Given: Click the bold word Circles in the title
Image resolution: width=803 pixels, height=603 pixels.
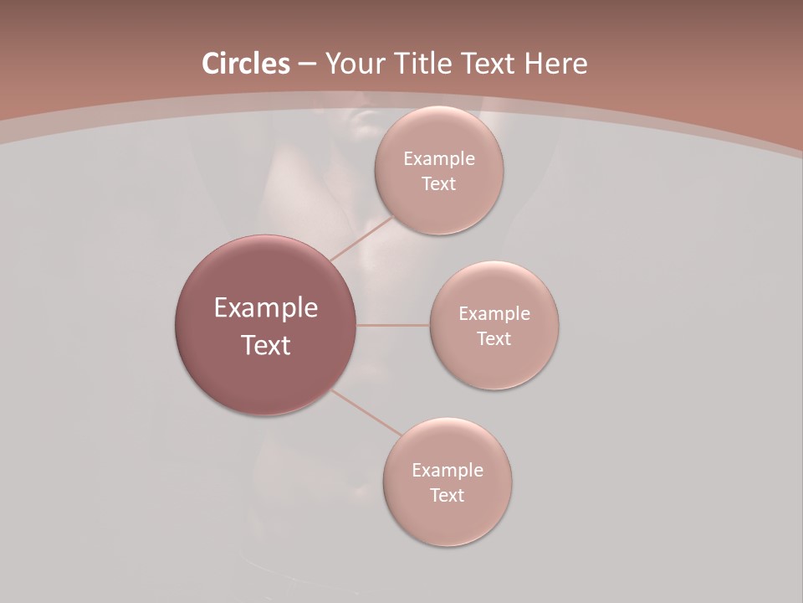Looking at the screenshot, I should point(245,64).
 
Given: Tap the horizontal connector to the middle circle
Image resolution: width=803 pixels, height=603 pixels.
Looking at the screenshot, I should point(392,325).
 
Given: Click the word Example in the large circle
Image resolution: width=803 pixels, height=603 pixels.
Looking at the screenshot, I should point(266,308).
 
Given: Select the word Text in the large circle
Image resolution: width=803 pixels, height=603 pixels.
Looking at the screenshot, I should point(266,345).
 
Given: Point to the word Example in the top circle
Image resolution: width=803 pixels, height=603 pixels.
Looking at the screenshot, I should point(439,158).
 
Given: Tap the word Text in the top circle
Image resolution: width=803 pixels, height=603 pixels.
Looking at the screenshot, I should point(438,184).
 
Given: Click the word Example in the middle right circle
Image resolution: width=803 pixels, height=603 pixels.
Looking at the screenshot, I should point(494,313).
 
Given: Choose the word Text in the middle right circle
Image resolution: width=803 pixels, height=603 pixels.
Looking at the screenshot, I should point(494,339).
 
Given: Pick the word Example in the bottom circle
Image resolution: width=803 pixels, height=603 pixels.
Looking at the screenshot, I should point(448,470).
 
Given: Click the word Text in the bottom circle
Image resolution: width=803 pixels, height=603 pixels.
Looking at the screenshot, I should point(447,496).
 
